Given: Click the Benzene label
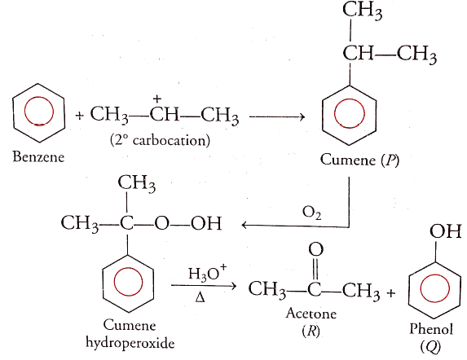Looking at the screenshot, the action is point(38,156).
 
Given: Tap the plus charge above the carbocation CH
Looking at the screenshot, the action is point(157,99).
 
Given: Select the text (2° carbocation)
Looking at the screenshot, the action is point(160,140).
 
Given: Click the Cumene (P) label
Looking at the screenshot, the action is point(359,160).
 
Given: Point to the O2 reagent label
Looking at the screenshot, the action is point(311,213).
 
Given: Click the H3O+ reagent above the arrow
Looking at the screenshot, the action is point(207,273).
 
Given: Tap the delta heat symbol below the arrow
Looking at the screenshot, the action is point(200,297).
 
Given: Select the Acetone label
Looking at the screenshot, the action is point(311,314).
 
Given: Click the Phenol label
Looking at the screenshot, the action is point(431,329).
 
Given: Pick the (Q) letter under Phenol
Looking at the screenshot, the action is point(430,346).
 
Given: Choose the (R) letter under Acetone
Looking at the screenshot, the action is point(311,330).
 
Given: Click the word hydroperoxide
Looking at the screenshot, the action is point(130,344).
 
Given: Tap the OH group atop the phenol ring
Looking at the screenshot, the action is point(445,230).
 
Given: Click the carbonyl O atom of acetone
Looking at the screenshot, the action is point(315,249).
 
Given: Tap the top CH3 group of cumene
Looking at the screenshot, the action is point(362,11).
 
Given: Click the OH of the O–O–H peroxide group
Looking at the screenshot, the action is point(206,223).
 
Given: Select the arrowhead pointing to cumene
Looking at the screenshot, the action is point(302,117).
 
